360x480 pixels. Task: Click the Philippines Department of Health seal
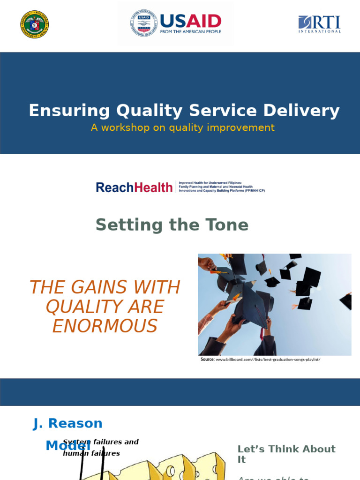click(x=35, y=24)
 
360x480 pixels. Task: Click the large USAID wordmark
click(x=190, y=21)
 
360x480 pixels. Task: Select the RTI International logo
click(x=319, y=24)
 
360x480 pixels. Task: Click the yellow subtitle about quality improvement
click(x=183, y=127)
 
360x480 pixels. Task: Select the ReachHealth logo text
click(x=134, y=187)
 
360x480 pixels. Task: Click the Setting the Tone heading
click(x=172, y=225)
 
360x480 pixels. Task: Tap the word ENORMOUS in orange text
click(x=105, y=326)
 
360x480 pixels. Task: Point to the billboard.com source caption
click(x=260, y=360)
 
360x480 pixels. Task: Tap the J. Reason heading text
click(x=68, y=423)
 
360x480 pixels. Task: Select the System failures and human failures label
click(x=100, y=448)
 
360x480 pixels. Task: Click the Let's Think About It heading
click(x=286, y=454)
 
